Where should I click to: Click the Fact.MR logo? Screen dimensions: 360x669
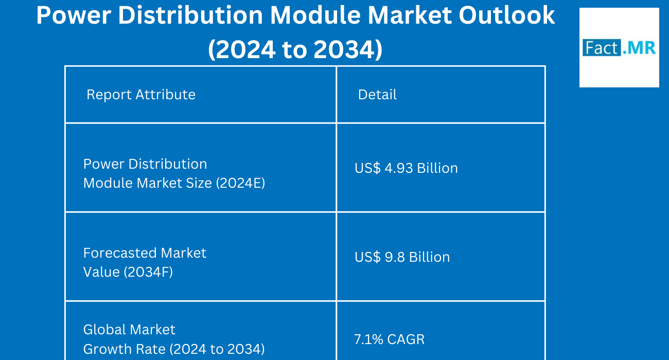619,48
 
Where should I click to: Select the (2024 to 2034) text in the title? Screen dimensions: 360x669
295,50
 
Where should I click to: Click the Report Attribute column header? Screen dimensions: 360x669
141,95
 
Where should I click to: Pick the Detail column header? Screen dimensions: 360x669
377,95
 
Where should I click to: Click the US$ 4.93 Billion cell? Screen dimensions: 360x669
406,168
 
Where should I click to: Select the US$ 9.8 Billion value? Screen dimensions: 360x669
402,257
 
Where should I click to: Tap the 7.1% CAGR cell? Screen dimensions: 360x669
389,339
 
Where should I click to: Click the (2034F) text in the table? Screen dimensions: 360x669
148,272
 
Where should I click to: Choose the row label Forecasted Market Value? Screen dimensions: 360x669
145,262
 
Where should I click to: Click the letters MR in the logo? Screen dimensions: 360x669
642,48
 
